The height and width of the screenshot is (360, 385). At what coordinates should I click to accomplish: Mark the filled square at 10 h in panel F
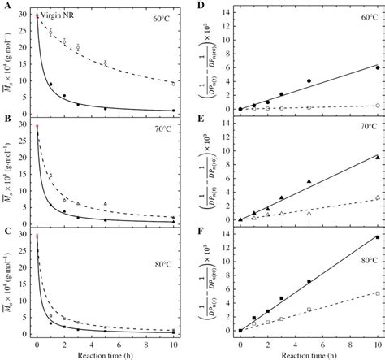[377, 236]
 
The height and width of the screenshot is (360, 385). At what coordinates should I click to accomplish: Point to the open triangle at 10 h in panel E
[377, 197]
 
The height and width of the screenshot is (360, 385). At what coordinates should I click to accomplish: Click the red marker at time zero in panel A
[37, 15]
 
